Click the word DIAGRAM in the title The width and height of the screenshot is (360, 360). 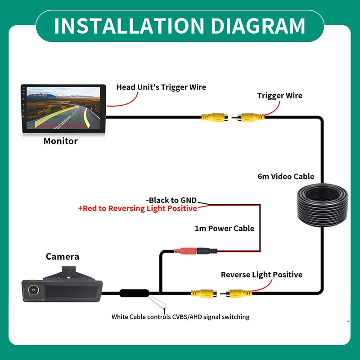257,26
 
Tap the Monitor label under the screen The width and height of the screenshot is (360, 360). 61,141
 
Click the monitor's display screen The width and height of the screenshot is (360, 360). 63,108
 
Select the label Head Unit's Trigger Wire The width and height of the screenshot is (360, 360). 161,87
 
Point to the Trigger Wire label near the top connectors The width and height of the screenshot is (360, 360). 279,95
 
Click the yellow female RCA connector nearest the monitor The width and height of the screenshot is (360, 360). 215,117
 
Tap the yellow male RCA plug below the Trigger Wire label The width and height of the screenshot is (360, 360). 248,117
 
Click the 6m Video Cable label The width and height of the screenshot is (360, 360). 286,176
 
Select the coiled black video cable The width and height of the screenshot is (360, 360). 322,205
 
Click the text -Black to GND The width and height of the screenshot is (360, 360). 171,200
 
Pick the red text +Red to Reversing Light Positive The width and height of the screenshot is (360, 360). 138,208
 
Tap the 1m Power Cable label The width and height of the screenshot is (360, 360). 224,229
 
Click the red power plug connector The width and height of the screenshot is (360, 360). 185,251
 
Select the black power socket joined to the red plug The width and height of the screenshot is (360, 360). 207,251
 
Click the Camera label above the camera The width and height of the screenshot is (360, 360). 63,256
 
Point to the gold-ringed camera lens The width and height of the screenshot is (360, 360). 33,290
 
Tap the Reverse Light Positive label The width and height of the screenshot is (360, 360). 261,274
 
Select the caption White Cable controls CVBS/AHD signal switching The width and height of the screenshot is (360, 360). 180,317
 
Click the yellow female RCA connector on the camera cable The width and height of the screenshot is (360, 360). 204,293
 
